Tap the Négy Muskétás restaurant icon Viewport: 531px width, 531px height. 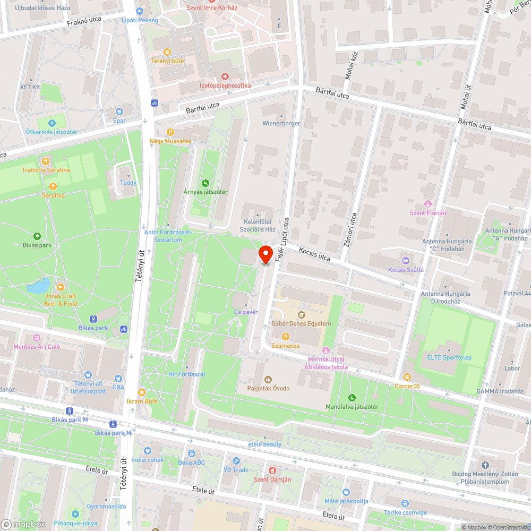170,132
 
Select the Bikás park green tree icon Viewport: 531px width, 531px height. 37,236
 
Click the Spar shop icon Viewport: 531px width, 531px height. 119,111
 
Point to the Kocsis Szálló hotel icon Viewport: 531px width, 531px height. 406,260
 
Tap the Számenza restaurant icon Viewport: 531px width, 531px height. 286,336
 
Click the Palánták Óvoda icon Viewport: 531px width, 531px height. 268,379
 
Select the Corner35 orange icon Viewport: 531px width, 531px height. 407,376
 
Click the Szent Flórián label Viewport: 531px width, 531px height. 427,212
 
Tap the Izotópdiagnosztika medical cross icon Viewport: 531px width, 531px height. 225,76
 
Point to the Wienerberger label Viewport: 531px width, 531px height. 281,123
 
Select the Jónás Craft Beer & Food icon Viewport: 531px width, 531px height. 61,287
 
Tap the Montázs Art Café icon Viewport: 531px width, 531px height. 37,337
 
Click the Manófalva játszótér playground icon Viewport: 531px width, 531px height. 352,398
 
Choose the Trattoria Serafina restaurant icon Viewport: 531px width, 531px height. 46,161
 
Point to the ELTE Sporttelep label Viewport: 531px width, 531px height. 449,357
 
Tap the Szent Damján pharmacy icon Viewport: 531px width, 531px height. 272,470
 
